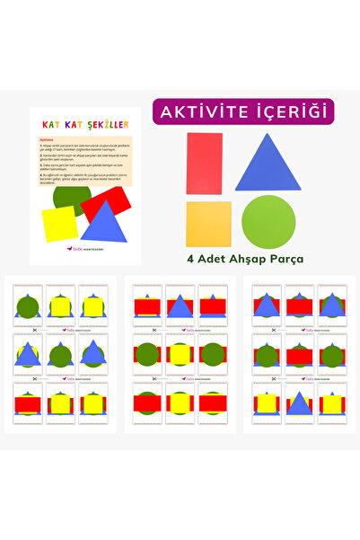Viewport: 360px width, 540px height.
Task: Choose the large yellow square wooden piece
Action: click(208, 224)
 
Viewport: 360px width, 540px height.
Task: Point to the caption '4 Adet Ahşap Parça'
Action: click(244, 259)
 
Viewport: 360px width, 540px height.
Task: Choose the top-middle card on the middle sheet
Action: click(180, 306)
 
